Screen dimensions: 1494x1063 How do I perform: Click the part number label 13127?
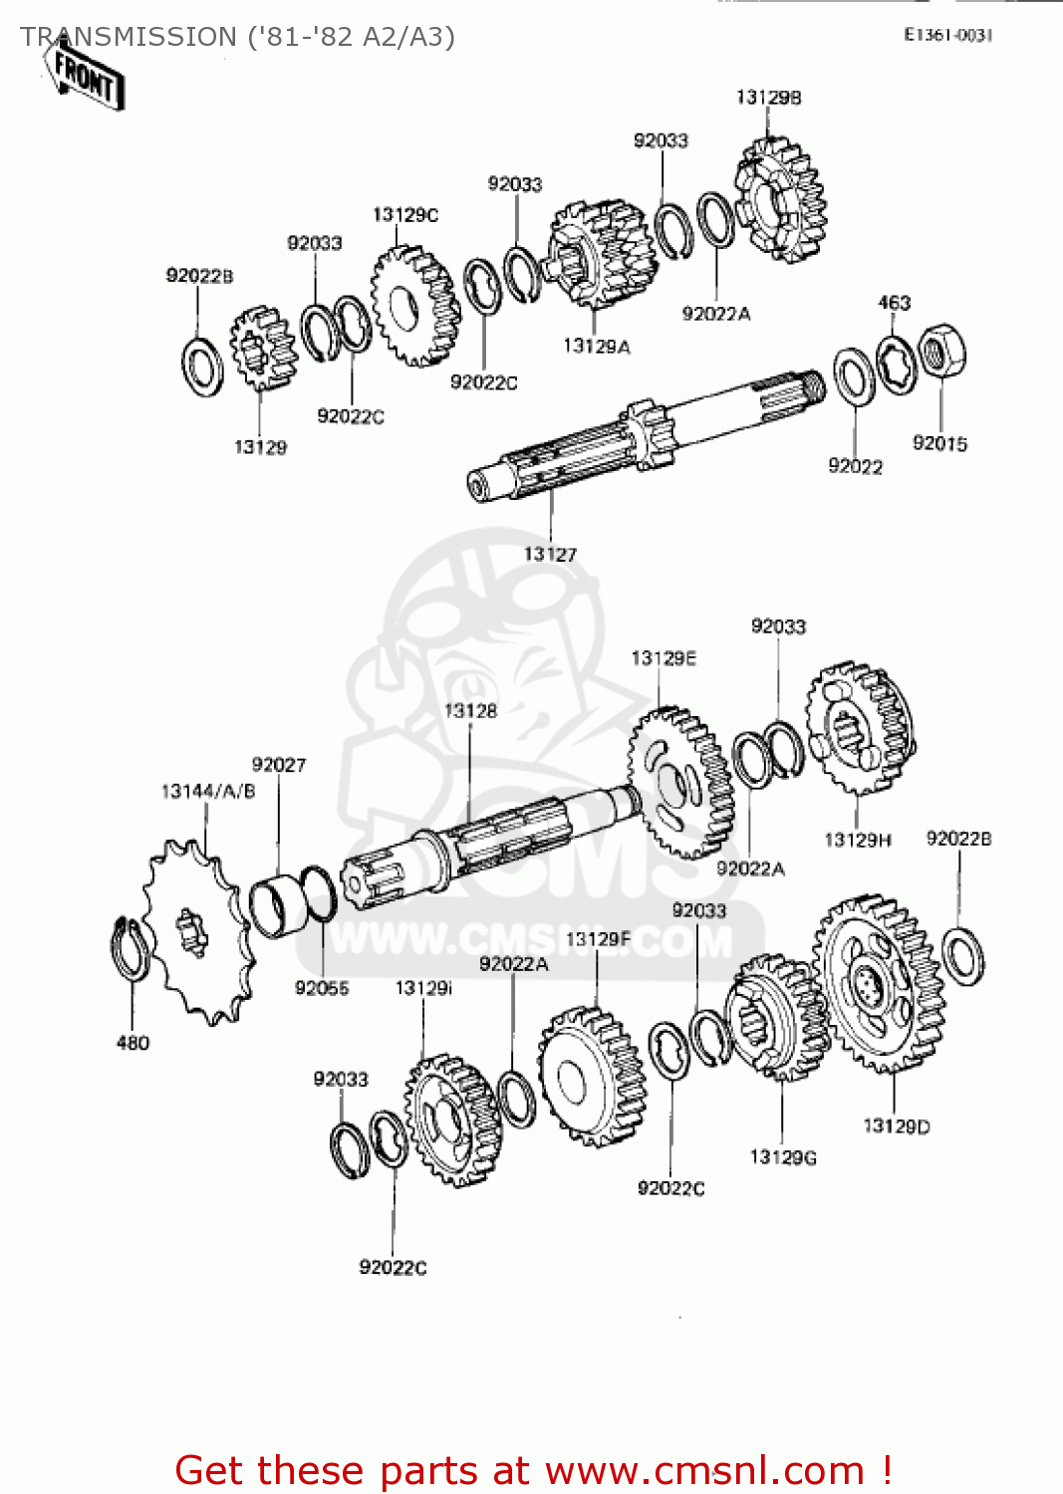[550, 554]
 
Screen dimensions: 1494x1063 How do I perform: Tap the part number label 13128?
[470, 710]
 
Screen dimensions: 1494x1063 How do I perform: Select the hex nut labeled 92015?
[941, 351]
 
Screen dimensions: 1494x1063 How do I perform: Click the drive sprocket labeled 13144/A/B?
[194, 931]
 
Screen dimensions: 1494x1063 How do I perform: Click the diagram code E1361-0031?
[947, 35]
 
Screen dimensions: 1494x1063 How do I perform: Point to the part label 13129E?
[664, 658]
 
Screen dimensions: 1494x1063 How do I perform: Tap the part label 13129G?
[783, 1156]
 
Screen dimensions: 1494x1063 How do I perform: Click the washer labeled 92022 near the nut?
[854, 377]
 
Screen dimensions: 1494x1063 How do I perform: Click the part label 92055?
[322, 987]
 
